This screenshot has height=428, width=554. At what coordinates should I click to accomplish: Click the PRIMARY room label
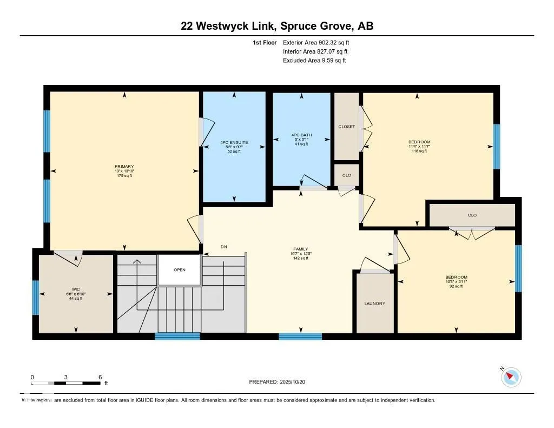click(x=124, y=167)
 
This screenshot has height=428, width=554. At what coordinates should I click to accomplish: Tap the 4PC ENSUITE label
click(x=234, y=143)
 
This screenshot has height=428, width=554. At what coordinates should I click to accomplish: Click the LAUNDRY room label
click(x=374, y=304)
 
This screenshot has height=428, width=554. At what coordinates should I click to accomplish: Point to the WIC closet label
click(x=75, y=289)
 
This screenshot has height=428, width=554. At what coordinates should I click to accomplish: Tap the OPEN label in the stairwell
click(x=180, y=270)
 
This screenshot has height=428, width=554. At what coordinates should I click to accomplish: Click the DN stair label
click(x=223, y=247)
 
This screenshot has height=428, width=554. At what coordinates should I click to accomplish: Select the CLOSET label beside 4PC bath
click(x=346, y=127)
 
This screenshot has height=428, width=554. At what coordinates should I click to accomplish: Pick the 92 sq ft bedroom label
click(x=456, y=277)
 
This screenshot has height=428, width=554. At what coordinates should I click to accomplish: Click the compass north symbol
click(x=511, y=377)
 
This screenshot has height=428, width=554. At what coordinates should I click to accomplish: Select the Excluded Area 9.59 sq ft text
click(x=314, y=61)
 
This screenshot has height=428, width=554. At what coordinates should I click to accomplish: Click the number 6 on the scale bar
click(x=100, y=377)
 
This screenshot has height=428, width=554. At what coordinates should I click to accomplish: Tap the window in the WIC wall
click(x=36, y=297)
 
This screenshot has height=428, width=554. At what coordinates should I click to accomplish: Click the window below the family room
click(x=300, y=337)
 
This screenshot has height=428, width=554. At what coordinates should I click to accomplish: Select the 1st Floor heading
click(x=265, y=42)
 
